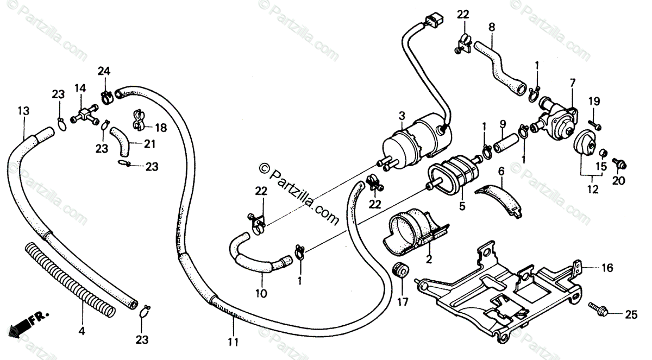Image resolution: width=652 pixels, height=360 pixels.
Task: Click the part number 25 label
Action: tap(630, 314)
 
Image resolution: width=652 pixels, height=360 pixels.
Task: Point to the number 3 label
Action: tap(402, 116)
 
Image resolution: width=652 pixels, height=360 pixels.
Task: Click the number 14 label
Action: tap(80, 88)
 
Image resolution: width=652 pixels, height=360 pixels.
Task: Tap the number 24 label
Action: tap(104, 71)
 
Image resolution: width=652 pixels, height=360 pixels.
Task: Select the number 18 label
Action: tap(161, 128)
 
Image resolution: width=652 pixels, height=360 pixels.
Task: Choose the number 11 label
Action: tap(234, 342)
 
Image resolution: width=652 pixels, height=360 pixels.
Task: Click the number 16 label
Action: tap(607, 268)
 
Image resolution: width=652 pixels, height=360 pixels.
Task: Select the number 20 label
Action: tap(618, 180)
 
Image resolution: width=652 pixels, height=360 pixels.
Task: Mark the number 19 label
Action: tap(593, 100)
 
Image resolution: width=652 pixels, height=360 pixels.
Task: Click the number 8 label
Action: tap(492, 26)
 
